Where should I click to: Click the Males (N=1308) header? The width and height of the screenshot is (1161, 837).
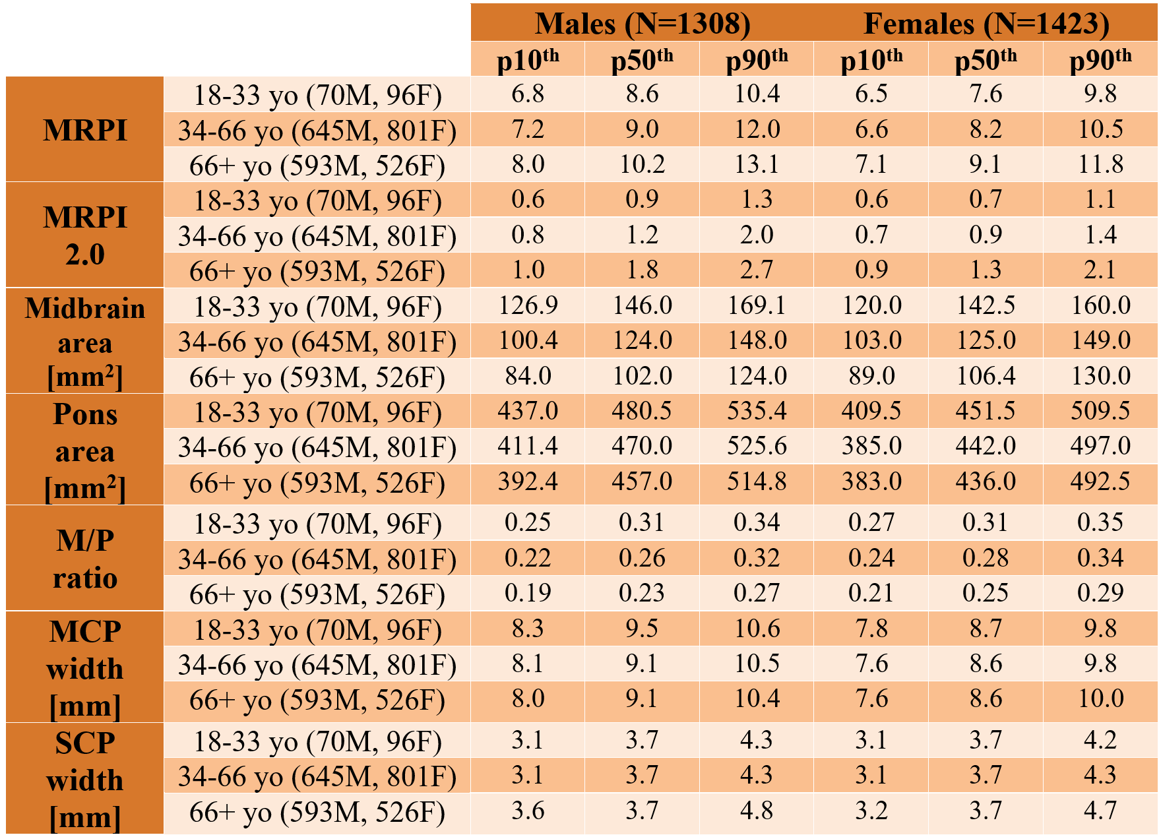point(643,24)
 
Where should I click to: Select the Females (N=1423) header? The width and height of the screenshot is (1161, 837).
point(986,24)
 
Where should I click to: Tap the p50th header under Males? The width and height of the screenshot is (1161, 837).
point(643,59)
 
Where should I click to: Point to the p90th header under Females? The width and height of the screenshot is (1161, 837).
point(1100,59)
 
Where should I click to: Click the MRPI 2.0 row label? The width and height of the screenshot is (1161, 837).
point(85,235)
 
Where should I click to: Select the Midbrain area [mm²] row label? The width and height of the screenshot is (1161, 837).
point(85,342)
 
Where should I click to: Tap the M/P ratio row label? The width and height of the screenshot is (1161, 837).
point(85,559)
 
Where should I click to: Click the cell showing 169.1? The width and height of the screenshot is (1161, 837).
point(757,305)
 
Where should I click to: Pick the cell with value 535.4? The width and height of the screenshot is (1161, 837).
point(757,410)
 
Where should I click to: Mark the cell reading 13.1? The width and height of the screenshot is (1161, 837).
point(757,164)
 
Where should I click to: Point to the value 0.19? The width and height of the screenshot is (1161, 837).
point(528,593)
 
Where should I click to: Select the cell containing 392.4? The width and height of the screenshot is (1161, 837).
point(528,481)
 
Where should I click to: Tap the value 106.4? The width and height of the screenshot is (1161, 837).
point(986,375)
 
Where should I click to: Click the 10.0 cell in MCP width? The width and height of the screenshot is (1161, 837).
point(1100,698)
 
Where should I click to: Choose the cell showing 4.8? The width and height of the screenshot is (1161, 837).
point(757,810)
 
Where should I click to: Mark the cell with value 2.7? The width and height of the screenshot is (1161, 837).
point(757,269)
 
